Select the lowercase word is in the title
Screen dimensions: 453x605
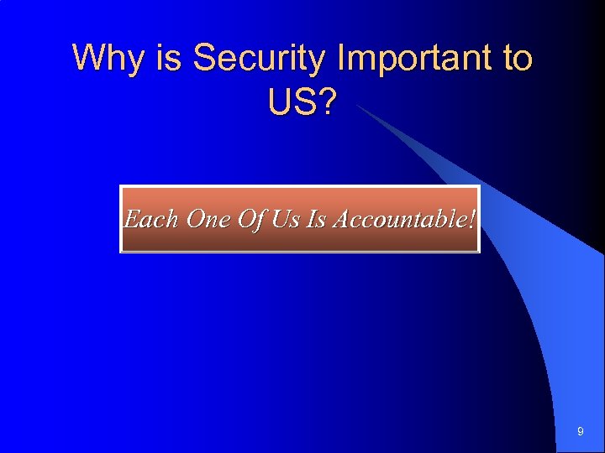coord(166,60)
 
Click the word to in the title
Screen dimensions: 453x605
coord(517,60)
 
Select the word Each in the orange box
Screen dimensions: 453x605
coord(151,220)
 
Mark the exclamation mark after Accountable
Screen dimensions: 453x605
coord(471,220)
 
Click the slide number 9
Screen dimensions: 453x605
coord(580,431)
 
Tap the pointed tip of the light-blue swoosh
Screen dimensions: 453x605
coord(360,107)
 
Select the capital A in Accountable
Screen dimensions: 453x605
coord(343,220)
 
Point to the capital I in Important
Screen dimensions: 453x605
coord(340,60)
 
